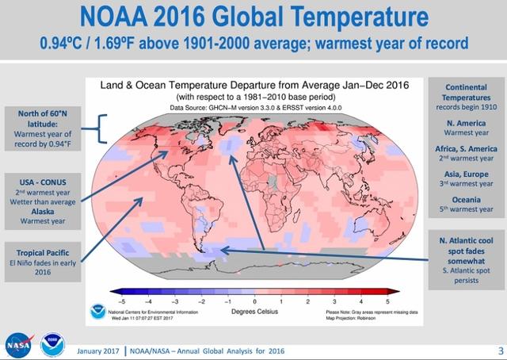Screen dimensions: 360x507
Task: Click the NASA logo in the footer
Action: click(x=17, y=343)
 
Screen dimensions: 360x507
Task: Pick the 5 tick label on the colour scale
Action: click(x=387, y=301)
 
